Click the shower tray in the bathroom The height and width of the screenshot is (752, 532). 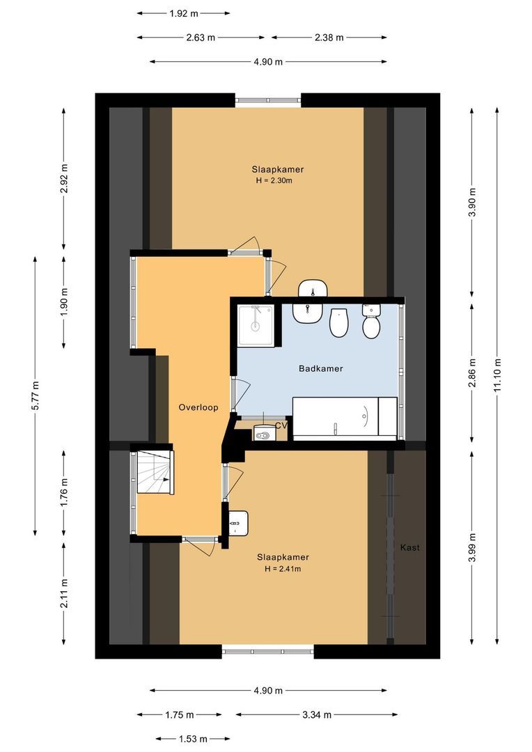(256, 324)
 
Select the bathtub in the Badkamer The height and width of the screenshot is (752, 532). (345, 418)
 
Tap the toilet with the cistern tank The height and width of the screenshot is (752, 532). (371, 322)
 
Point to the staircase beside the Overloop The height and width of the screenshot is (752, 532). (154, 472)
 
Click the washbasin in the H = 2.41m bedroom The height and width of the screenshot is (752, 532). (238, 523)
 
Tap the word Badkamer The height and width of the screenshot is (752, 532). (320, 368)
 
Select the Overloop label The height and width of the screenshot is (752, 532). (198, 407)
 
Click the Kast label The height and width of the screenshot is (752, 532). (409, 548)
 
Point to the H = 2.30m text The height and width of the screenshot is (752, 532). (274, 181)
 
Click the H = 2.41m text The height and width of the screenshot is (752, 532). (282, 569)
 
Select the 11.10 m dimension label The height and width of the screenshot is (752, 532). (497, 375)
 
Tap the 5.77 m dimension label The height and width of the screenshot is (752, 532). (35, 395)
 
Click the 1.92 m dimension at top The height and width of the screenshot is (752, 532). (183, 13)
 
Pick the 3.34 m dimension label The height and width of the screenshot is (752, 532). (317, 714)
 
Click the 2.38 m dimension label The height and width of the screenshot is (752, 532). (329, 38)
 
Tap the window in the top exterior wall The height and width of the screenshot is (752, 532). (268, 100)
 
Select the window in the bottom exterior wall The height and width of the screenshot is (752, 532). (268, 652)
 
